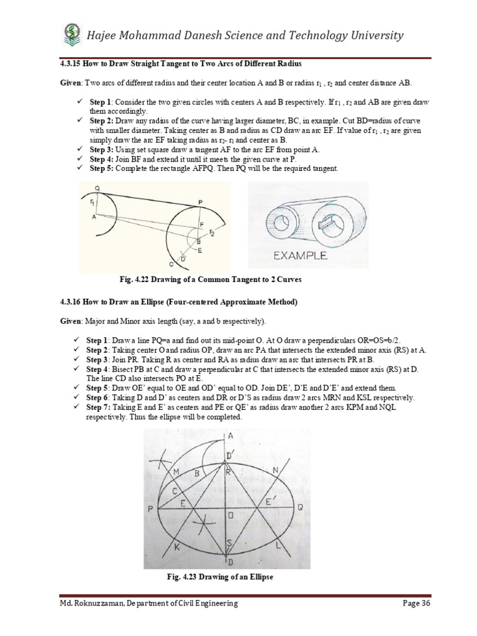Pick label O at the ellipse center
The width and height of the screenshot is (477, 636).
point(230,515)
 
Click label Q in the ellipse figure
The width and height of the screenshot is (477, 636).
point(299,507)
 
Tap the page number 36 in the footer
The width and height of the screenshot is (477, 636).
point(424,603)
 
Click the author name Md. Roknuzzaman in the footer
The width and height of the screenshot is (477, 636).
point(83,603)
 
